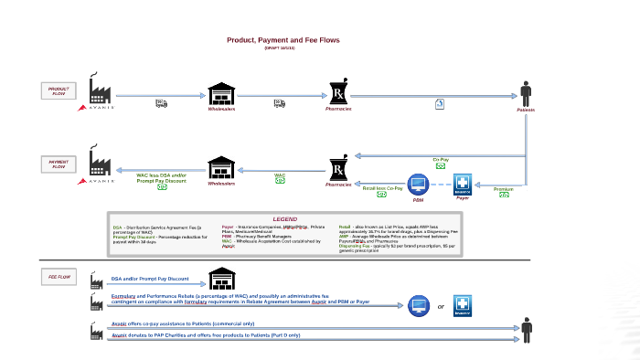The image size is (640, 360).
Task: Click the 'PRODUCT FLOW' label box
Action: click(x=59, y=90)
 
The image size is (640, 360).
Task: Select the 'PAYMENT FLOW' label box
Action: click(x=59, y=164)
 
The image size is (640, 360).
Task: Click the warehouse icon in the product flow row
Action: click(x=221, y=93)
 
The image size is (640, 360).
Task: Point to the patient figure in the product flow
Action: click(x=526, y=93)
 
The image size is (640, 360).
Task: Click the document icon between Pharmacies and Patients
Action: click(x=439, y=103)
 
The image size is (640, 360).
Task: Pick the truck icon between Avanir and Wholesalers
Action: click(x=161, y=103)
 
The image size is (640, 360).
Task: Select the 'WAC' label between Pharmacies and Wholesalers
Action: click(x=280, y=174)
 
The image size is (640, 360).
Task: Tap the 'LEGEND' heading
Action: click(x=284, y=219)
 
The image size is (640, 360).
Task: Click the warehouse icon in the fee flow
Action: click(x=222, y=278)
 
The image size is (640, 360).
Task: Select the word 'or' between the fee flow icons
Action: click(x=441, y=306)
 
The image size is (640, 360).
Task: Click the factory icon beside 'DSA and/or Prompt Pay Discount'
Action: click(x=97, y=278)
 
